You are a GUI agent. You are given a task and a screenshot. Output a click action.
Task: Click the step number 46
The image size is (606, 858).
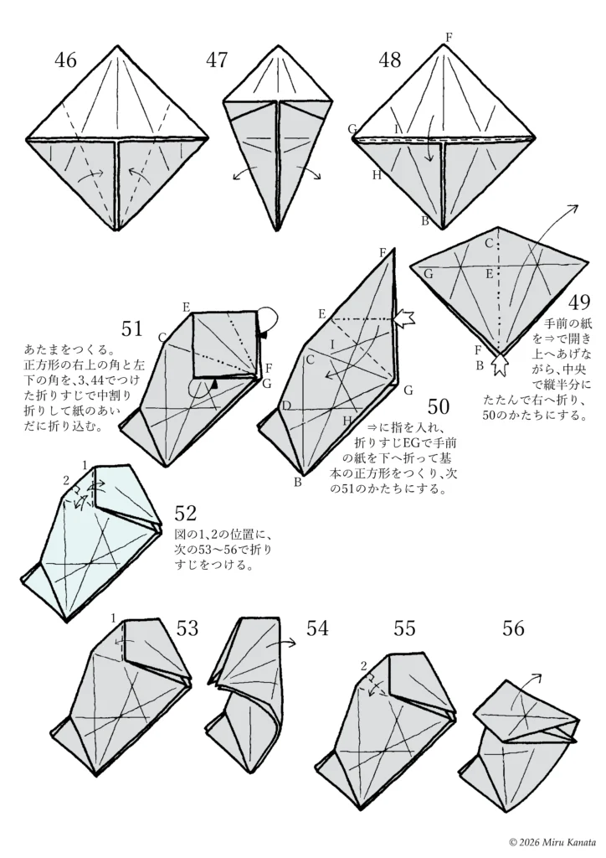(x=65, y=59)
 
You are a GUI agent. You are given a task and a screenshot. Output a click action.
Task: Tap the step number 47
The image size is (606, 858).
(x=217, y=59)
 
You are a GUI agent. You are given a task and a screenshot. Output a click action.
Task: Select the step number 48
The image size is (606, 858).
(x=389, y=59)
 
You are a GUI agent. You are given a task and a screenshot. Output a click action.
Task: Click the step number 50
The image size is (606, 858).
(x=439, y=407)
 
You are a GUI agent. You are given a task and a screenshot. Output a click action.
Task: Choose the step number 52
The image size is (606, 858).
(x=185, y=511)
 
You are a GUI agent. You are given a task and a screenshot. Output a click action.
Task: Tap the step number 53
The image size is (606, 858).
(x=187, y=628)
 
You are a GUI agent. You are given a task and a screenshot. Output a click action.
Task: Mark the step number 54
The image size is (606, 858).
(x=317, y=628)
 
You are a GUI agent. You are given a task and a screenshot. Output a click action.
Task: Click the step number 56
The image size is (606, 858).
(x=514, y=628)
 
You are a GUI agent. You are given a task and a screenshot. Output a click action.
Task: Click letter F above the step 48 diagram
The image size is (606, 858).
(x=449, y=37)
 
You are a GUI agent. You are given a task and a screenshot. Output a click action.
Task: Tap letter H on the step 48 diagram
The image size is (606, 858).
(x=377, y=174)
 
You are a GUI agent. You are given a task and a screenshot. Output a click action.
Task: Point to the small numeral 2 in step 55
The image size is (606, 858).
(x=364, y=666)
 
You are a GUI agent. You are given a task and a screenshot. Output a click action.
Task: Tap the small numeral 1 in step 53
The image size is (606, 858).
(x=113, y=618)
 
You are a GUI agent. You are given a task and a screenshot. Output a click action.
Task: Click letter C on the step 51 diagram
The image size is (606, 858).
(x=162, y=337)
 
